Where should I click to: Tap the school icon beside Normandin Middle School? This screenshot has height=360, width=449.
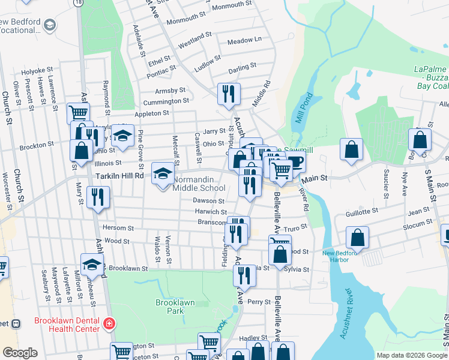click(x=162, y=174)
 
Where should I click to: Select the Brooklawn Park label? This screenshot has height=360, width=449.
click(x=175, y=307)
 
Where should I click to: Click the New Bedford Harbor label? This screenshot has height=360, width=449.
click(x=344, y=256)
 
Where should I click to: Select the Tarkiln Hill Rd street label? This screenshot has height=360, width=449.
click(x=120, y=176)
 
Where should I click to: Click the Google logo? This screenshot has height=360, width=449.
click(x=20, y=353)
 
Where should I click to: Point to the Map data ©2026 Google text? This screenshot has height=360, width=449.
click(x=411, y=355)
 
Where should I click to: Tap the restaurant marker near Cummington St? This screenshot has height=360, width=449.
click(x=229, y=94)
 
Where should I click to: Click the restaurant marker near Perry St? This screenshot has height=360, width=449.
click(x=244, y=276)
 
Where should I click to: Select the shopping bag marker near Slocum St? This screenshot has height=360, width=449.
click(x=358, y=238)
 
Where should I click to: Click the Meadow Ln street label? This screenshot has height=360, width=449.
click(x=244, y=40)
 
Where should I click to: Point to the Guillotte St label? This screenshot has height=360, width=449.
click(x=361, y=211)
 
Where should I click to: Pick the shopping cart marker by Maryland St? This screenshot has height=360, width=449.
click(x=78, y=112)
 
